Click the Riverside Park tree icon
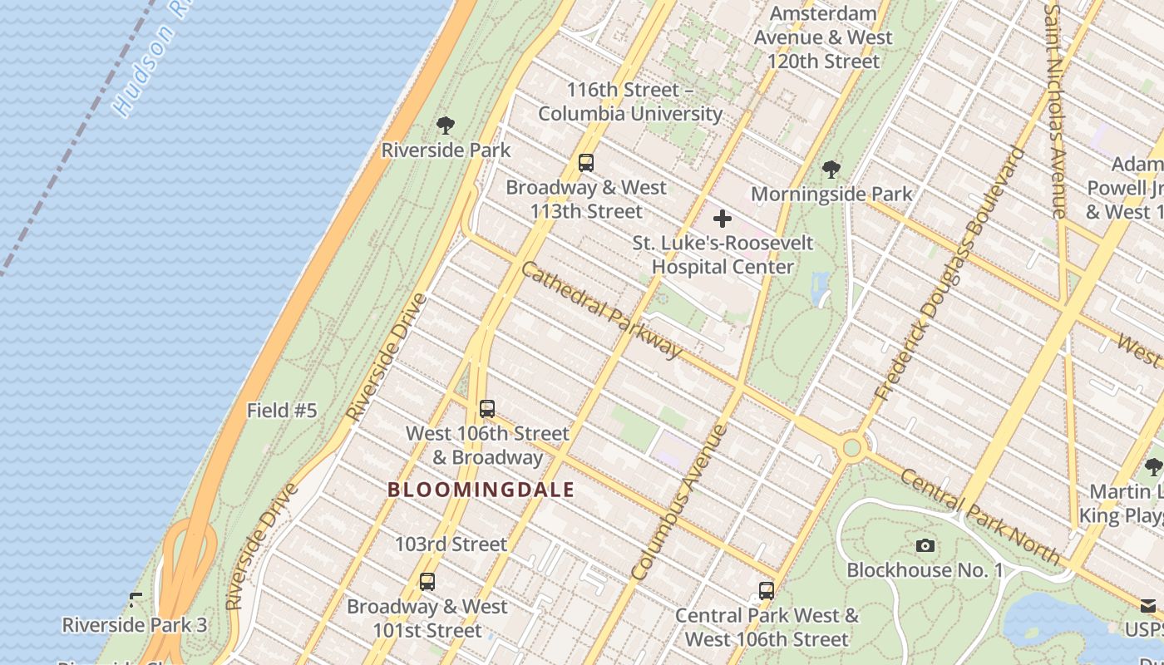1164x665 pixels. [446, 126]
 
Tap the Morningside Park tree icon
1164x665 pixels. [830, 170]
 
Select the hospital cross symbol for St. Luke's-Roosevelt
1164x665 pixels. [723, 219]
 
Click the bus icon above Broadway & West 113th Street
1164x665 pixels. [586, 163]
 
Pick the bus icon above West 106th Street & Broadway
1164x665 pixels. [487, 409]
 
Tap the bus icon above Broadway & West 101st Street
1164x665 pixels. [427, 582]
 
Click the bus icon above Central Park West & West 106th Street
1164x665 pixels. [767, 591]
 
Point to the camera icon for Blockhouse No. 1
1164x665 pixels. [925, 546]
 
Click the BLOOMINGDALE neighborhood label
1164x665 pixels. [481, 490]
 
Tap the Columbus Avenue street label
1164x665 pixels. [679, 502]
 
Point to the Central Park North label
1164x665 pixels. [979, 516]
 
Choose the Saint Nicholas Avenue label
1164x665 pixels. [1055, 112]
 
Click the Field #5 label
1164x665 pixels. [282, 411]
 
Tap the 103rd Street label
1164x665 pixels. [451, 544]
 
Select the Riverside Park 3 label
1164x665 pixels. [135, 624]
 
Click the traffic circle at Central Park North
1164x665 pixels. [851, 448]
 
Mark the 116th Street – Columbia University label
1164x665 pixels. [630, 101]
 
